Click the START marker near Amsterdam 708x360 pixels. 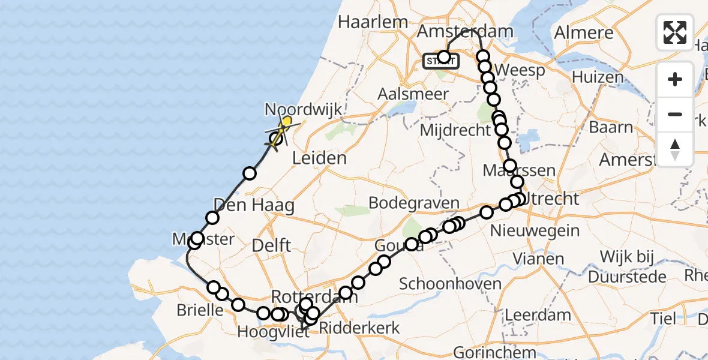click(441, 61)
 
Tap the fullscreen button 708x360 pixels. click(675, 32)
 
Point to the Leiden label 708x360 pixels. click(319, 158)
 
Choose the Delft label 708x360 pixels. click(271, 245)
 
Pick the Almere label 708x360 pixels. click(584, 32)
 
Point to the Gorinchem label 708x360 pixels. click(486, 352)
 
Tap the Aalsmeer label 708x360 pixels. click(413, 94)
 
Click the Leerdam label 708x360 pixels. click(538, 314)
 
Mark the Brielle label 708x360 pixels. click(200, 310)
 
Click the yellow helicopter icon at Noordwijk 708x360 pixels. click(286, 123)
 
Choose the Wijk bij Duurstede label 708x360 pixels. click(627, 267)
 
